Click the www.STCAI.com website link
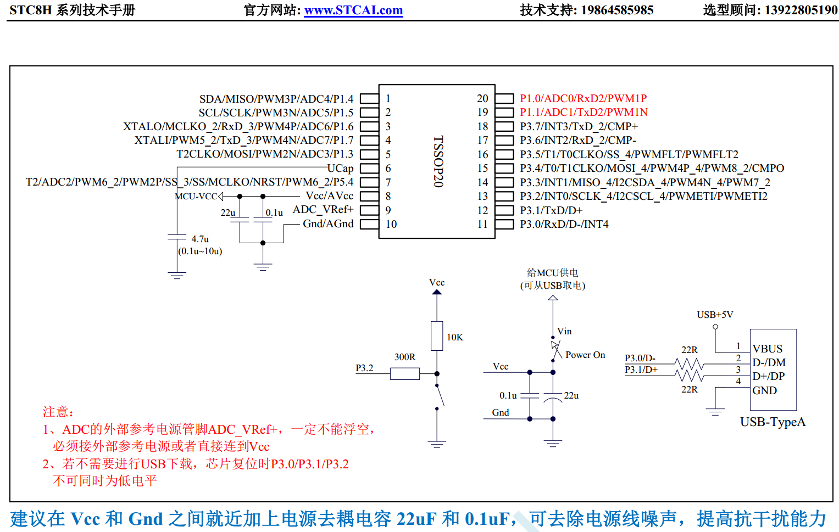353,10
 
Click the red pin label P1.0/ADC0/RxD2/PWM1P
583,98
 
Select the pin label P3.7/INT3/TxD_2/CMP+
579,126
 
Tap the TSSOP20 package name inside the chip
438,161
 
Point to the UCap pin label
340,168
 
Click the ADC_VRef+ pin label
323,210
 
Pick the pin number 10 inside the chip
391,224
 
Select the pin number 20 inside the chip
482,98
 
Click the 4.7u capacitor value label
200,239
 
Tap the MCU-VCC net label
196,197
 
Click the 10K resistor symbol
437,336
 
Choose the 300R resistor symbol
405,374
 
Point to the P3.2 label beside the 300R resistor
364,368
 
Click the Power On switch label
585,355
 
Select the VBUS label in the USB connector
767,349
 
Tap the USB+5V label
715,315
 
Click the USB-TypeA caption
773,422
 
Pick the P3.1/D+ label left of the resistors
641,369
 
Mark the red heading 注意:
58,412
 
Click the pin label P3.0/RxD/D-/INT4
564,224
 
